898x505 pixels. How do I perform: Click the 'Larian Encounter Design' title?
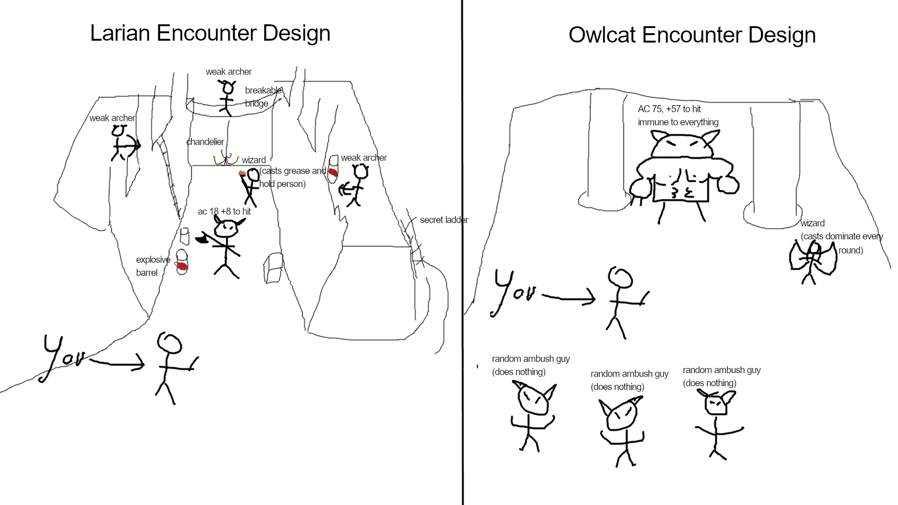point(210,33)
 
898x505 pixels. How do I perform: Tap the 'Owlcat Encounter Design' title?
point(692,35)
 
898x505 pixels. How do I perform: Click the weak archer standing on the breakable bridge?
point(227,97)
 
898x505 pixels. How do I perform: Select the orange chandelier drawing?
point(226,158)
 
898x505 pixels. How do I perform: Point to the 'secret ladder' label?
point(443,220)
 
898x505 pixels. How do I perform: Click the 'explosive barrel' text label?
point(152,266)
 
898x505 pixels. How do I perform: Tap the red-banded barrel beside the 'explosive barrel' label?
point(181,262)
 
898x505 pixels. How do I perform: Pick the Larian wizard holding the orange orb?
point(251,186)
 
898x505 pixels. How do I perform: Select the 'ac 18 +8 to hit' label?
point(224,211)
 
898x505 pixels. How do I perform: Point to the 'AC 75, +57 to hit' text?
point(669,109)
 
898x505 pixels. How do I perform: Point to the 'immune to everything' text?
point(678,123)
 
